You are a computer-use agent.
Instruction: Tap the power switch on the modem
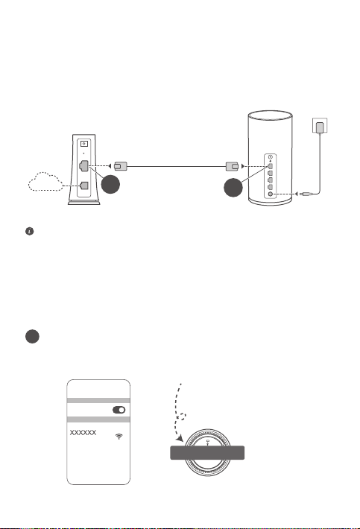[84, 144]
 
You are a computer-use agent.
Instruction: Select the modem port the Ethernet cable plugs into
[83, 166]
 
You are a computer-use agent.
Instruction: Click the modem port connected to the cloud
[84, 186]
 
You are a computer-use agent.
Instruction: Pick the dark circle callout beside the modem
[110, 184]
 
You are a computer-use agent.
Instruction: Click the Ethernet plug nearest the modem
[121, 166]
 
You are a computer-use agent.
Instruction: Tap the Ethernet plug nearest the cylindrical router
[232, 166]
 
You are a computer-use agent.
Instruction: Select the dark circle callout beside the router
[233, 188]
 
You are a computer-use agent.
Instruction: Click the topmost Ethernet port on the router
[270, 166]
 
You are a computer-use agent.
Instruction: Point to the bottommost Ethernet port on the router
[270, 187]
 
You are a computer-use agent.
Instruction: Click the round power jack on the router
[270, 194]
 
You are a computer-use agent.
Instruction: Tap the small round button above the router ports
[271, 157]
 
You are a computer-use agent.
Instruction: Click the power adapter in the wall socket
[320, 127]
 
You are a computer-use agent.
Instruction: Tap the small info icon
[29, 232]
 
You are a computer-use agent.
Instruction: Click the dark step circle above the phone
[32, 336]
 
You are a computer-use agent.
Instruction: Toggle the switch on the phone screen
[119, 410]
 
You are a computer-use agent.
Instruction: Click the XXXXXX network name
[83, 432]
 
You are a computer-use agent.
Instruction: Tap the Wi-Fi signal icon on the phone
[119, 437]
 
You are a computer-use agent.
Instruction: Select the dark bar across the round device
[207, 453]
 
